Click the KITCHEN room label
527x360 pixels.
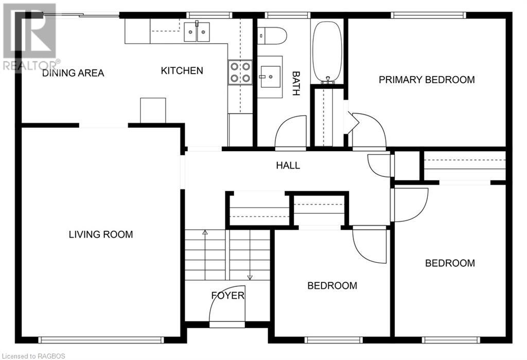tap(182, 70)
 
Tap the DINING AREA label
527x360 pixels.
tap(73, 73)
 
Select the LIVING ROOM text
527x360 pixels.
tap(101, 235)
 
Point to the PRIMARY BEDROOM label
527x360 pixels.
tap(427, 80)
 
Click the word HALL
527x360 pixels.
tap(288, 165)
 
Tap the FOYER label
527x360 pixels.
tap(227, 296)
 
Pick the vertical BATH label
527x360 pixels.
tap(296, 83)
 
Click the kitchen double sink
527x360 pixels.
tap(197, 31)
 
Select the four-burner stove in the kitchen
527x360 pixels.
tap(240, 72)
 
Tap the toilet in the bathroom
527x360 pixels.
tap(272, 35)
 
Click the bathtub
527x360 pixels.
tap(327, 52)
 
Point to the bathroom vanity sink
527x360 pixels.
tap(270, 77)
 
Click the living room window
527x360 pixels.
tap(101, 340)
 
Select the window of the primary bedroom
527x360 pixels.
tap(429, 15)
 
